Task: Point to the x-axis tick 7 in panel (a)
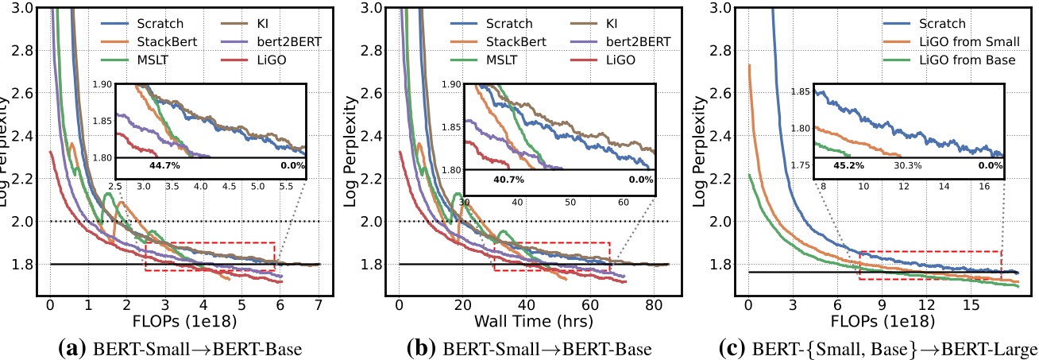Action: pyautogui.click(x=319, y=304)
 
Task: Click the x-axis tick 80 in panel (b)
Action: pyautogui.click(x=653, y=304)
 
